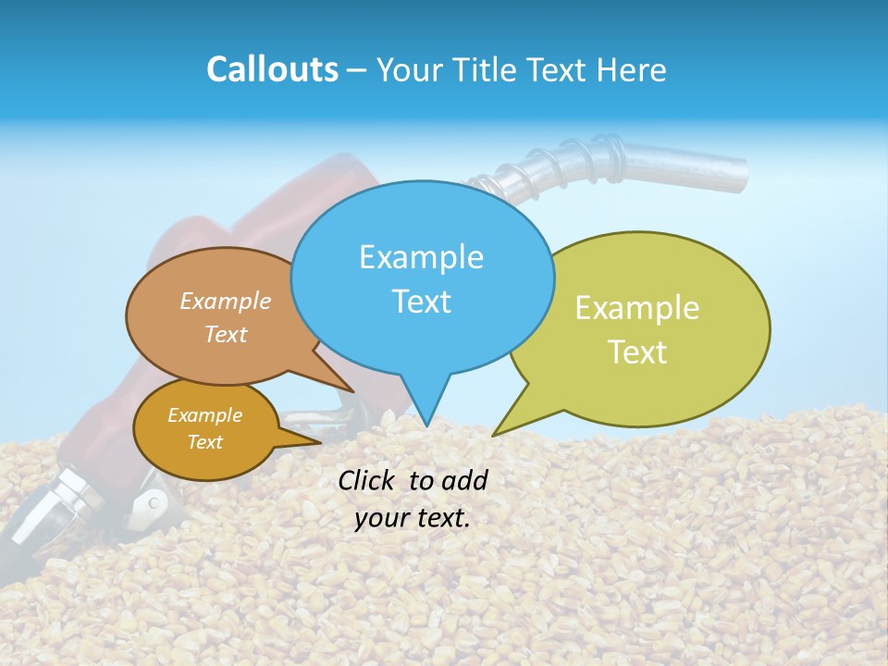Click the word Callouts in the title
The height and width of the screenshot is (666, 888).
point(272,69)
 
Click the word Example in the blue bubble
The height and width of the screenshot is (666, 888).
point(421,257)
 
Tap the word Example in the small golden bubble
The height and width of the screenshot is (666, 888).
point(204,415)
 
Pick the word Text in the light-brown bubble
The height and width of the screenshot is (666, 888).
point(226,334)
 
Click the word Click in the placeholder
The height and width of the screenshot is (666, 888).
point(368,480)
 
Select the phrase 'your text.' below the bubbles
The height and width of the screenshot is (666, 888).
point(413,518)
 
